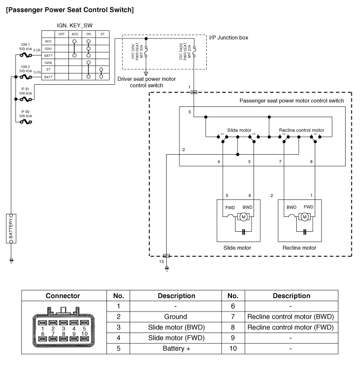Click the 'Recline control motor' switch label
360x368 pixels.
pyautogui.click(x=301, y=131)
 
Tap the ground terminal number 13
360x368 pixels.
pyautogui.click(x=161, y=262)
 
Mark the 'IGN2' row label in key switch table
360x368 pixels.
pyautogui.click(x=48, y=62)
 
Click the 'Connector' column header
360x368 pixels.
pyautogui.click(x=63, y=296)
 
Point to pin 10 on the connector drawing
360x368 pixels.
pyautogui.click(x=84, y=333)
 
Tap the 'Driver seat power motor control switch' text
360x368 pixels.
pyautogui.click(x=154, y=82)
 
